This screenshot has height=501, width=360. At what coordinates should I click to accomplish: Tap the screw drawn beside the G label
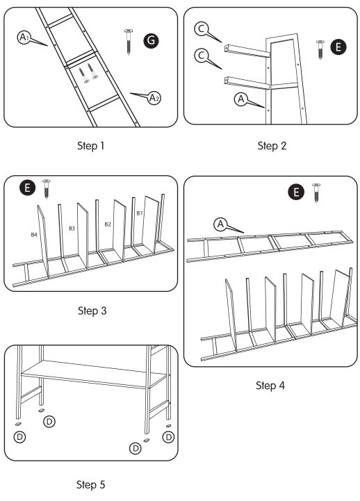click(x=129, y=41)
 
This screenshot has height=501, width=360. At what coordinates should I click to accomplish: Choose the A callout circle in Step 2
click(x=240, y=99)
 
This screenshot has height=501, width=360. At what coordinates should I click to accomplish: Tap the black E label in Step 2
click(x=338, y=47)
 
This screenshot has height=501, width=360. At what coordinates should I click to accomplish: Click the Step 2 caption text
click(x=272, y=146)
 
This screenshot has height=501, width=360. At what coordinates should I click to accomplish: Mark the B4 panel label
click(x=34, y=235)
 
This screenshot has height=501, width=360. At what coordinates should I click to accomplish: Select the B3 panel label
click(x=72, y=228)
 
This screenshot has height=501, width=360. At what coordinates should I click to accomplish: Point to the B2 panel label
click(x=108, y=224)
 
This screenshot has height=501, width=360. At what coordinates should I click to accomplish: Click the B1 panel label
click(x=139, y=212)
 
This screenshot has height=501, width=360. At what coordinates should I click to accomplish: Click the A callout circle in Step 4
click(x=220, y=224)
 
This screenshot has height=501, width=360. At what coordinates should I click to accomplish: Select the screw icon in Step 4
click(x=316, y=192)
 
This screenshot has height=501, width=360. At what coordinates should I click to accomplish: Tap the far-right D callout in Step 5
click(x=168, y=436)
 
